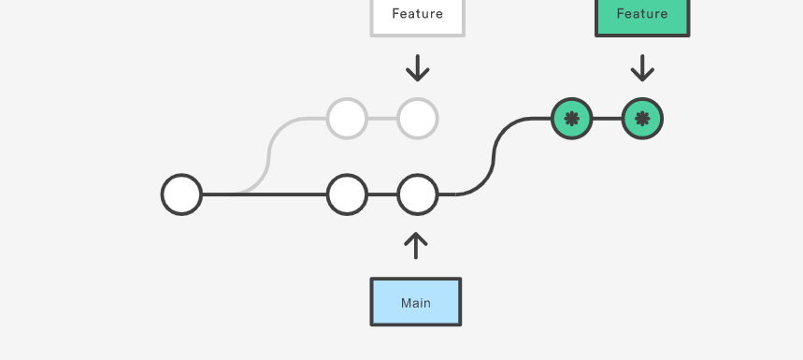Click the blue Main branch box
pyautogui.click(x=415, y=302)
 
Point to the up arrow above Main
pyautogui.click(x=416, y=245)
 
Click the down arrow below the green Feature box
pyautogui.click(x=642, y=68)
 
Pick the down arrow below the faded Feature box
pyautogui.click(x=417, y=68)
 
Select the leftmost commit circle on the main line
pyautogui.click(x=181, y=194)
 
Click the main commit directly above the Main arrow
pyautogui.click(x=417, y=194)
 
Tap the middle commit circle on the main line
pyautogui.click(x=347, y=194)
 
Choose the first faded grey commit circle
pyautogui.click(x=347, y=119)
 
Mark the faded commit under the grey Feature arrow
pyautogui.click(x=417, y=119)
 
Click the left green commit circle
pyautogui.click(x=571, y=119)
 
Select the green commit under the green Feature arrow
pyautogui.click(x=642, y=119)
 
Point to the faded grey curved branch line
pyautogui.click(x=270, y=154)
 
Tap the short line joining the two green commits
pyautogui.click(x=607, y=119)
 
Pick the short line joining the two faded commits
pyautogui.click(x=382, y=119)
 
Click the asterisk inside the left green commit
pyautogui.click(x=571, y=119)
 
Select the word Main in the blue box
pyautogui.click(x=415, y=303)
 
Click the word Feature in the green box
pyautogui.click(x=642, y=14)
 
